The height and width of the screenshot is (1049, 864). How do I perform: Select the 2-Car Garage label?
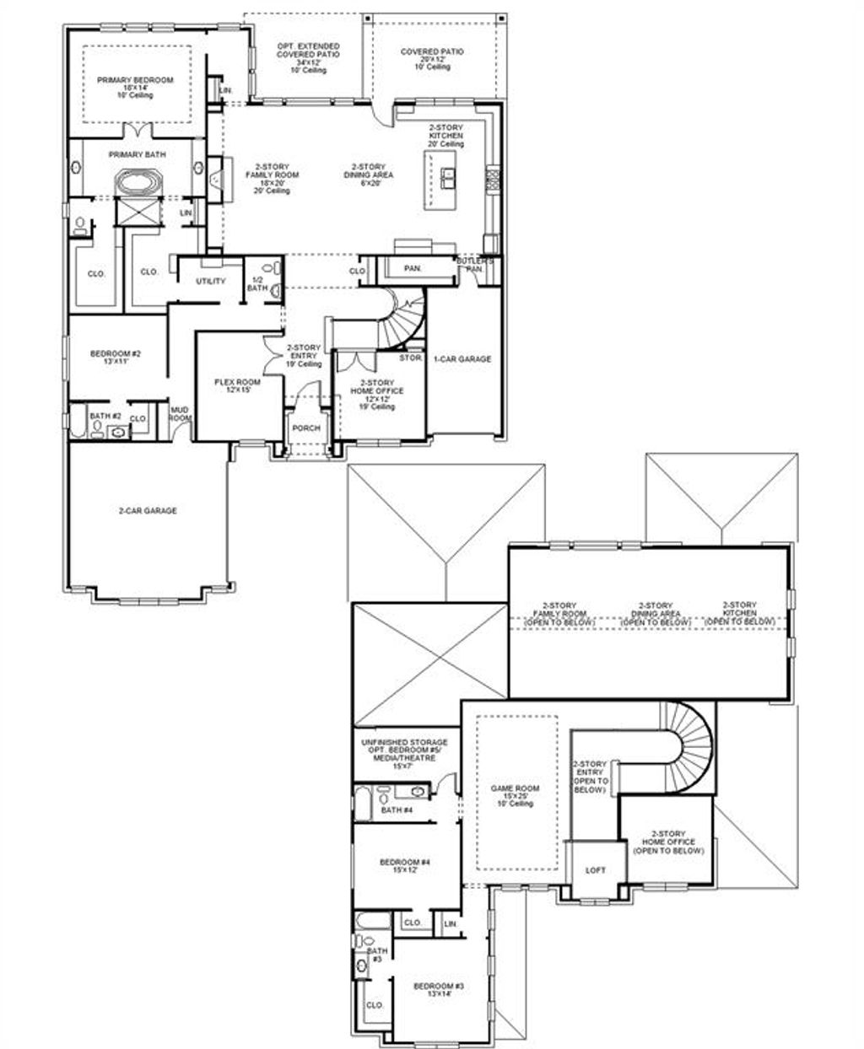click(148, 511)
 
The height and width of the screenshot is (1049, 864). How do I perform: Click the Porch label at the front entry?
click(305, 428)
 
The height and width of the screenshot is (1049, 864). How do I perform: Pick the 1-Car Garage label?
click(462, 359)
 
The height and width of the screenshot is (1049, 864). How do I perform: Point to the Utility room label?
click(210, 281)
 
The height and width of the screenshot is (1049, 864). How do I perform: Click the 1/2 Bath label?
click(256, 283)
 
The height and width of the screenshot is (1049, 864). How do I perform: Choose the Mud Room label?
click(181, 414)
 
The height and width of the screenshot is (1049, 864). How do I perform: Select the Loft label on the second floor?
click(595, 870)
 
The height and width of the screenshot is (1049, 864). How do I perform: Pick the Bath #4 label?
click(396, 810)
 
